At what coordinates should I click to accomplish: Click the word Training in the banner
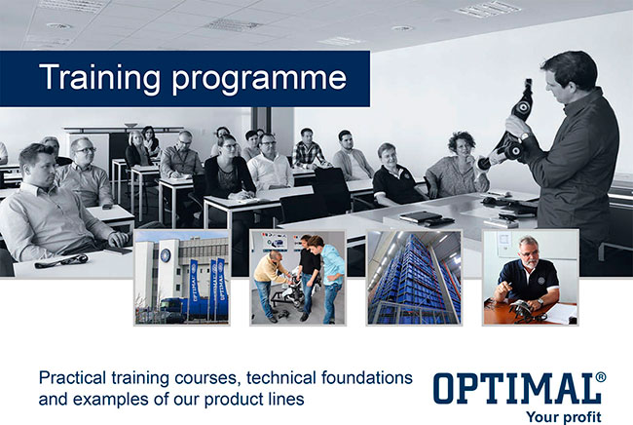tap(99, 77)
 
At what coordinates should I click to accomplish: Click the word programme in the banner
tap(259, 79)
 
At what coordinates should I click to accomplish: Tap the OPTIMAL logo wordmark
tap(515, 388)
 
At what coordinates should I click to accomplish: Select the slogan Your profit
tap(564, 416)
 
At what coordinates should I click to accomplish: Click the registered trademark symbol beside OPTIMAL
tap(601, 377)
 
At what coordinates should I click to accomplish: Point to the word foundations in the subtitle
tap(367, 378)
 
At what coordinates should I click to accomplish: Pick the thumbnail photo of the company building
tap(182, 278)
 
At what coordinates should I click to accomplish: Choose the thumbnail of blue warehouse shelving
tap(414, 278)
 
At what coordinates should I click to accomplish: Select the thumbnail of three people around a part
tap(298, 278)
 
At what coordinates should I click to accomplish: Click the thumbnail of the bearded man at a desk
tap(531, 278)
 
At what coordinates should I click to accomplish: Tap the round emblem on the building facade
tap(166, 255)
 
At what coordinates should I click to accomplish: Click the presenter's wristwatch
tap(524, 136)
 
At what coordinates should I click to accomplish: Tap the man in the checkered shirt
tap(308, 150)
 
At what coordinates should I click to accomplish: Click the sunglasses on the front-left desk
tap(61, 261)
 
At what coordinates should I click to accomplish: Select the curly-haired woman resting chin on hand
tap(458, 166)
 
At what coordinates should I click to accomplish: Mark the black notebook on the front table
tap(421, 216)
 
